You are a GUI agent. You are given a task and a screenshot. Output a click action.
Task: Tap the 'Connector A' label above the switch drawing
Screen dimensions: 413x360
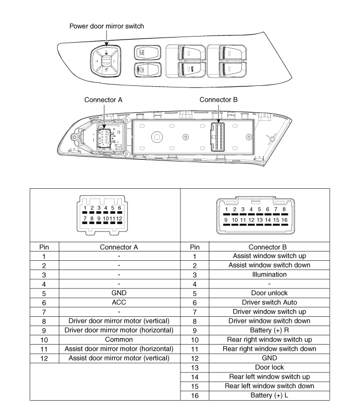pos(103,99)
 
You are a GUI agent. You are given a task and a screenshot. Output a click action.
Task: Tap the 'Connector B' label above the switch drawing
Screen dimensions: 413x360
pos(218,99)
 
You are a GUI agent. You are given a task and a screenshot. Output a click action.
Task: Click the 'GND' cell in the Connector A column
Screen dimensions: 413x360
pos(119,292)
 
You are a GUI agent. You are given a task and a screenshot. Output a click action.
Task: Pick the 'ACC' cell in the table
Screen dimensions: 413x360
pos(119,302)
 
